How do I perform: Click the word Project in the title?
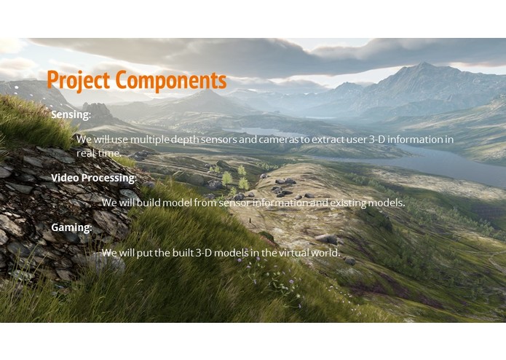coord(79,80)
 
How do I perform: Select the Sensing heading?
coord(71,114)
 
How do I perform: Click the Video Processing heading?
coord(93,177)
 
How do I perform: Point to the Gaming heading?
coord(71,227)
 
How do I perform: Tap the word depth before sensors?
coord(191,139)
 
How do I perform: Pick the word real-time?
coord(99,153)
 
